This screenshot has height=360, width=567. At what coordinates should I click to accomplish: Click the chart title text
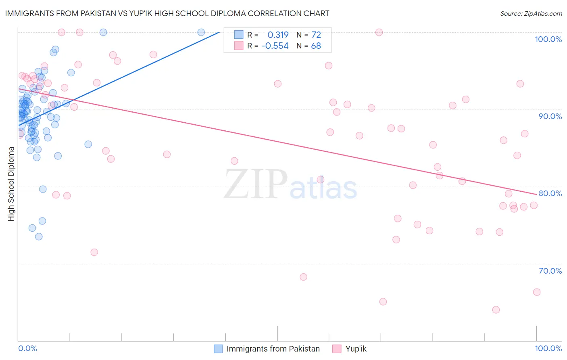[x=167, y=14]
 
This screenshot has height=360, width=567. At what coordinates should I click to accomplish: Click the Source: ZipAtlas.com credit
[x=531, y=14]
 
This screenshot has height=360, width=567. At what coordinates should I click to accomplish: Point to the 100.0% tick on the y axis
[x=548, y=39]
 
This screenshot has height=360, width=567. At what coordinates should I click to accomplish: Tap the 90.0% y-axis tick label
[x=550, y=116]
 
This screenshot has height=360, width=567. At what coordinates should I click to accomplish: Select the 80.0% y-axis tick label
[x=550, y=193]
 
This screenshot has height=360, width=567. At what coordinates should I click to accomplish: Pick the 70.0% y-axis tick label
[x=550, y=271]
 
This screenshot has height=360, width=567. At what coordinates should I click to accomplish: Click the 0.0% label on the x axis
[x=27, y=348]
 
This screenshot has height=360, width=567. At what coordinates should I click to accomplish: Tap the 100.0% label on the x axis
[x=548, y=348]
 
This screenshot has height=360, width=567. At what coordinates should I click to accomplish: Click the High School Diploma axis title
[x=11, y=184]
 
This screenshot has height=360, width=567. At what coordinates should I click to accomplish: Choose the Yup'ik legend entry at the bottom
[x=356, y=349]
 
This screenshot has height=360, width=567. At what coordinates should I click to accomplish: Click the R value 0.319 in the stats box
[x=278, y=35]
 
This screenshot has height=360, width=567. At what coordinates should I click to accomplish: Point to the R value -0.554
[x=275, y=46]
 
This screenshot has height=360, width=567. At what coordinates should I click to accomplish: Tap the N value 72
[x=316, y=35]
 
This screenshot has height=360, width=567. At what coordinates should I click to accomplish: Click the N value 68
[x=316, y=46]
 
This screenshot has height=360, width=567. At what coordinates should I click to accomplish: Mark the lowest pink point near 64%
[x=496, y=310]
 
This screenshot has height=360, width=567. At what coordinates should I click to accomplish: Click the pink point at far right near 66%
[x=537, y=292]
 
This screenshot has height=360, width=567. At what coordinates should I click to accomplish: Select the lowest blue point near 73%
[x=39, y=237]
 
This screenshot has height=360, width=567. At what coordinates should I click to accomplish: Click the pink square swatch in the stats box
[x=239, y=46]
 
